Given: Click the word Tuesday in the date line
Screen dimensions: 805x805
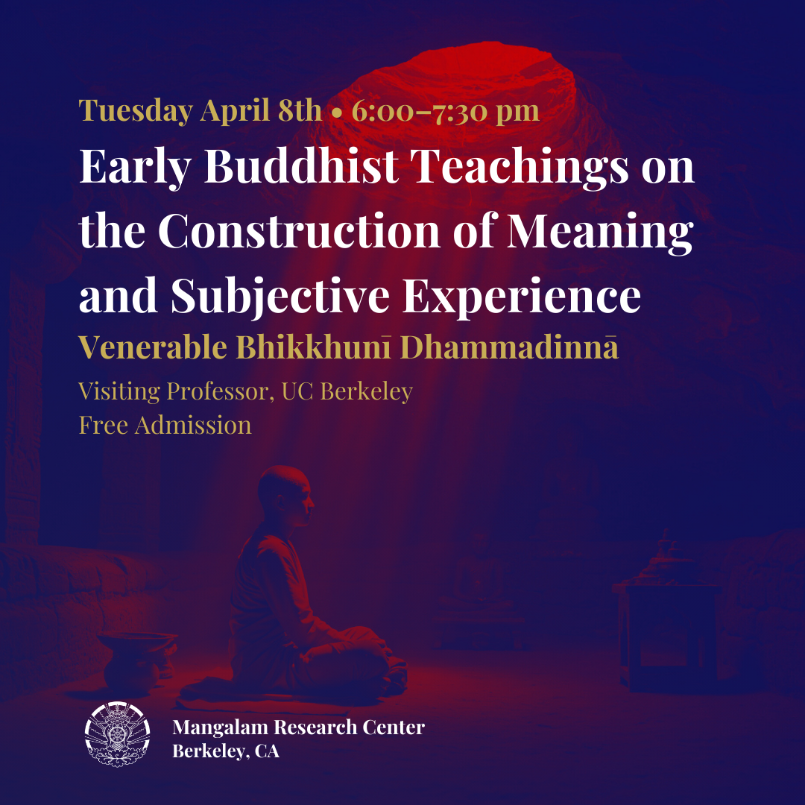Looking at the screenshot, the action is click(x=136, y=111).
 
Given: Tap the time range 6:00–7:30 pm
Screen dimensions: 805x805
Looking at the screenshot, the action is click(x=445, y=111).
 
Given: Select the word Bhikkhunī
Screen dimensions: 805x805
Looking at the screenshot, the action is click(x=313, y=347).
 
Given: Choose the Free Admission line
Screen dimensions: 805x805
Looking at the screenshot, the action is click(x=165, y=425).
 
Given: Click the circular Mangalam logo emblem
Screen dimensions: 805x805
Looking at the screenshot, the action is click(x=118, y=734).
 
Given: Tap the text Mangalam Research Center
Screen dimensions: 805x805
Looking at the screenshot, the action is click(x=298, y=727).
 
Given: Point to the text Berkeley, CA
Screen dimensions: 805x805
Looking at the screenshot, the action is click(x=226, y=751).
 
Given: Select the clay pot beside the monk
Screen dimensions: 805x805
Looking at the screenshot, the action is click(x=137, y=662).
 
